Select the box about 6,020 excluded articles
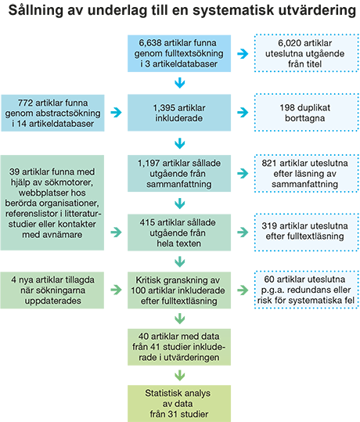307,53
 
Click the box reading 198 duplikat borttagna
307,113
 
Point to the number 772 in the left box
25,103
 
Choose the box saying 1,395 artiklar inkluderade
179,113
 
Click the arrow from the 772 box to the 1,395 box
116,112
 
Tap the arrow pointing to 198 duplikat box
243,112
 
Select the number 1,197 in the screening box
149,163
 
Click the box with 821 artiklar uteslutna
307,173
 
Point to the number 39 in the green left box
14,171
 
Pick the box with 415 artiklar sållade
179,233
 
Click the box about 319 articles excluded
307,232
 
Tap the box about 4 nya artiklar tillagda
52,290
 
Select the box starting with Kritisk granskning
179,290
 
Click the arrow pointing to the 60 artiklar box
243,290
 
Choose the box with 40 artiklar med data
179,347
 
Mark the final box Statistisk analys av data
179,403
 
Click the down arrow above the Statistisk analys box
179,375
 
